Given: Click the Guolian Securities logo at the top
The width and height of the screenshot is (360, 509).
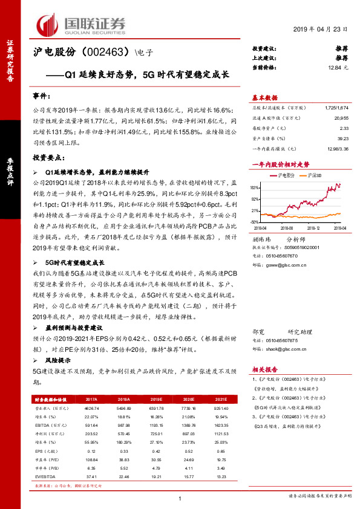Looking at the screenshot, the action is tap(81, 24).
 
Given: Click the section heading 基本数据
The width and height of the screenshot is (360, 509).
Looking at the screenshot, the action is tap(264, 98).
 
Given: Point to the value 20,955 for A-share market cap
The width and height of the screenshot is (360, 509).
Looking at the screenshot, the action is tap(340, 118).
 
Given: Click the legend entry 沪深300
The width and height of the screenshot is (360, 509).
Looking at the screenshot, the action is tap(313, 175).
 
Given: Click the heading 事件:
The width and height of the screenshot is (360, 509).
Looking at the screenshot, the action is tap(43, 96).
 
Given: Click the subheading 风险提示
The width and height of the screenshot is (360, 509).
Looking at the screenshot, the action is tap(58, 360).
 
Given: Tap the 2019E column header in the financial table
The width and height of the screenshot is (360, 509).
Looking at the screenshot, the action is tap(157, 400).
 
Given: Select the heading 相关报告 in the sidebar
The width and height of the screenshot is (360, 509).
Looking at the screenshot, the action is tap(264, 369).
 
